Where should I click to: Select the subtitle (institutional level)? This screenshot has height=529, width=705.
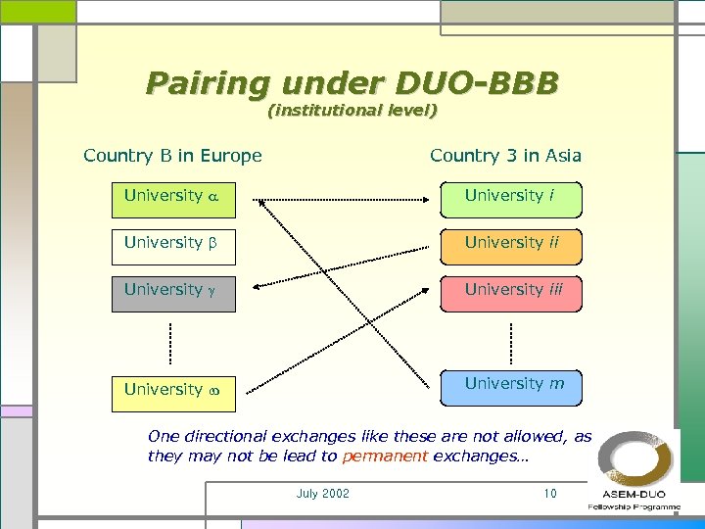tap(352, 111)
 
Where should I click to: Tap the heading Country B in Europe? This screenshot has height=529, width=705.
tap(172, 156)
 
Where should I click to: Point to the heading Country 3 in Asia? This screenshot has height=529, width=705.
tap(505, 156)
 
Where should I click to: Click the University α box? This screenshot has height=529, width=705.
tap(173, 196)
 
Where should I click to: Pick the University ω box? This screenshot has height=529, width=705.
tap(173, 390)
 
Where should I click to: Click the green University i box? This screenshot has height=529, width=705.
tap(510, 196)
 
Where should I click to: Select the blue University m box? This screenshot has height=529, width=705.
tap(510, 386)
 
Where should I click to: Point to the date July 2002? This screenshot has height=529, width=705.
tap(322, 494)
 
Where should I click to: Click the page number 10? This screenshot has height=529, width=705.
tap(550, 494)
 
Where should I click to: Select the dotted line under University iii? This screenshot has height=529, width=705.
tap(511, 340)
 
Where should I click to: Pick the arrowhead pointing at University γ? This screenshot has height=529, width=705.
tap(257, 287)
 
